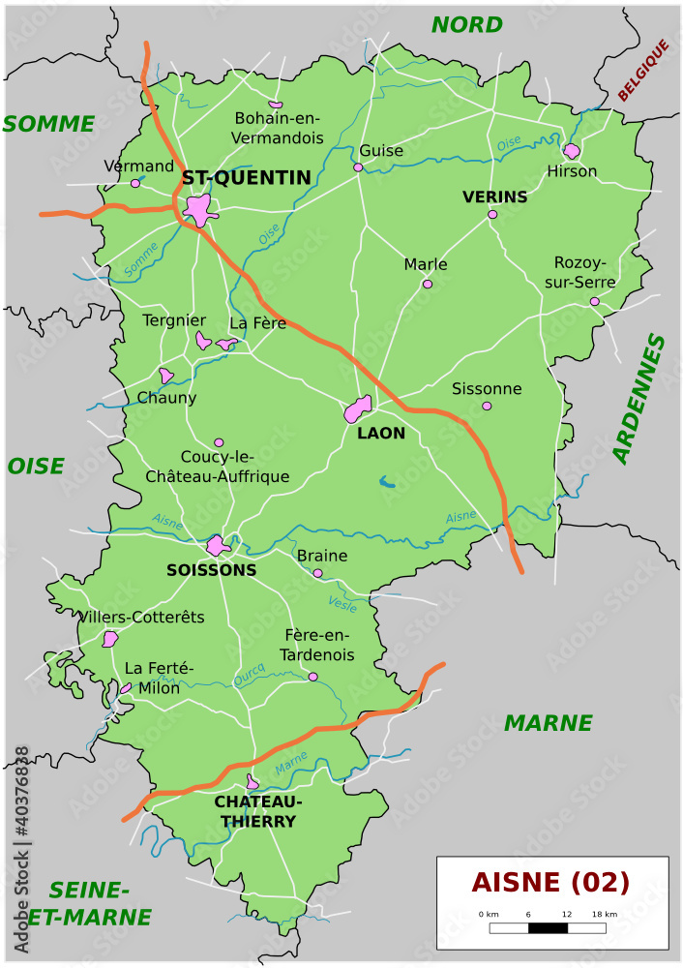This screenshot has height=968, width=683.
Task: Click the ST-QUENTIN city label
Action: (x=247, y=178)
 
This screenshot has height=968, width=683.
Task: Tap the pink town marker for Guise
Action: (x=358, y=167)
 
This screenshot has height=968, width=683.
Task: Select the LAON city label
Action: (x=381, y=434)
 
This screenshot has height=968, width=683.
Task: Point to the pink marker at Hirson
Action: (x=572, y=151)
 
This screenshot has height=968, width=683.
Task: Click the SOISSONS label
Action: (x=211, y=570)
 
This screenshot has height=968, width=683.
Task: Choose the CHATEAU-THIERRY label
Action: (x=257, y=812)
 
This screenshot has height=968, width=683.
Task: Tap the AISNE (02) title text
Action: (x=550, y=882)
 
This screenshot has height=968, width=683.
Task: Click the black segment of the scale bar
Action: (x=548, y=928)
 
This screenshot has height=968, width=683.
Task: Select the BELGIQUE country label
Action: (x=643, y=71)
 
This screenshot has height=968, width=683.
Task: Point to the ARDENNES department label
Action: (x=639, y=399)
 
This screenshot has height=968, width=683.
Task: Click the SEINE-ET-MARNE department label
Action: (x=89, y=903)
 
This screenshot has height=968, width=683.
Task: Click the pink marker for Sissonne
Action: (x=487, y=406)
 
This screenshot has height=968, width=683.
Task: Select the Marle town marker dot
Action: (x=427, y=284)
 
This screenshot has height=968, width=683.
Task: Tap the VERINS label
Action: (x=494, y=197)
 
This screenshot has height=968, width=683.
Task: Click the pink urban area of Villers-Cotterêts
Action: (x=110, y=639)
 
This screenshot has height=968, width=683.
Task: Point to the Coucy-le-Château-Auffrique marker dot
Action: (x=219, y=442)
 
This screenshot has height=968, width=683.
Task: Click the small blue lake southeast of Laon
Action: (x=387, y=479)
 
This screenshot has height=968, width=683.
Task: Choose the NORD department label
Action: (x=466, y=25)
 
